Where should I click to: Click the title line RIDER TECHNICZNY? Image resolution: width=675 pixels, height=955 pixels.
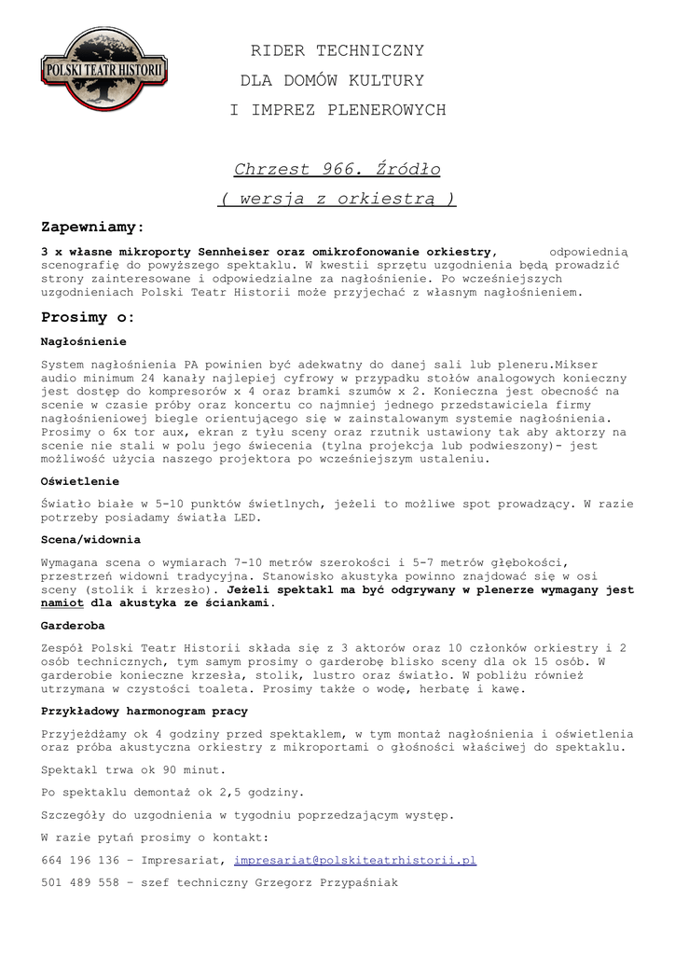pyautogui.click(x=337, y=50)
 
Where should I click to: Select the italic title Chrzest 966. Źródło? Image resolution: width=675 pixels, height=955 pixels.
pyautogui.click(x=337, y=170)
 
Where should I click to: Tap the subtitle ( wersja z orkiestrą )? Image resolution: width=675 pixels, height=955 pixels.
pyautogui.click(x=337, y=199)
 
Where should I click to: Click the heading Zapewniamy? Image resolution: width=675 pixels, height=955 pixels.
pyautogui.click(x=92, y=228)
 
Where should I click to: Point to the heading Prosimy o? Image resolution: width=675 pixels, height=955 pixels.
pyautogui.click(x=89, y=318)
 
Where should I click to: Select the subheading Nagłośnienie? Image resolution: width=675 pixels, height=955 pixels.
pyautogui.click(x=84, y=342)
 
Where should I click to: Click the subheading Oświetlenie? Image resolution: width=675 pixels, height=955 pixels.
pyautogui.click(x=80, y=482)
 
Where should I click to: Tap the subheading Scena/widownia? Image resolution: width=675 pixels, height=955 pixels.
pyautogui.click(x=91, y=540)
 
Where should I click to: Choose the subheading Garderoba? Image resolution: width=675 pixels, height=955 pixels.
pyautogui.click(x=73, y=626)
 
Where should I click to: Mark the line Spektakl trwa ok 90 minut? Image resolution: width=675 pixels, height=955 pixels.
pyautogui.click(x=133, y=771)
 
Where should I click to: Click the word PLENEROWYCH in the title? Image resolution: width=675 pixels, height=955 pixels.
pyautogui.click(x=387, y=111)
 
